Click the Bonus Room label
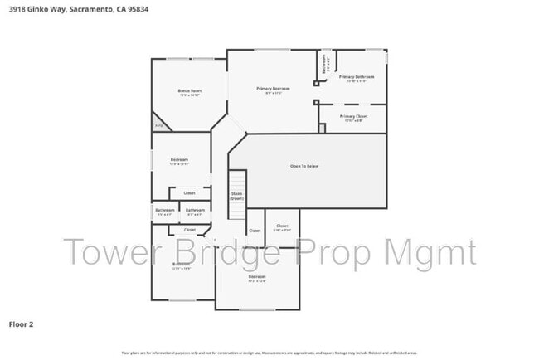coord(190,91)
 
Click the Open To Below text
coord(304,166)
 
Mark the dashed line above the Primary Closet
coord(352,105)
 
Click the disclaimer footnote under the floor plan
coord(269,352)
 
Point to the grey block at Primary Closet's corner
coord(321,129)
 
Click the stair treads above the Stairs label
coord(237,181)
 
